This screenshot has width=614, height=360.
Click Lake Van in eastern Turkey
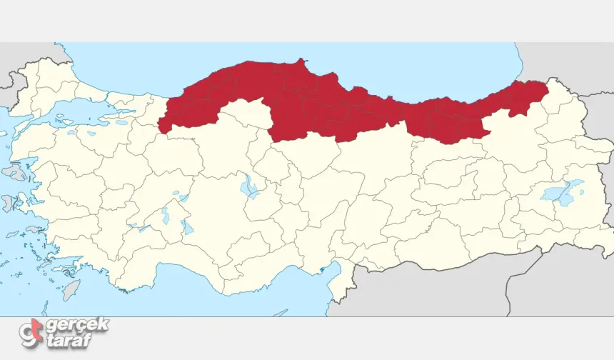tap(560, 192)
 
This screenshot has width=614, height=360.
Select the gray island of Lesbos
tap(14, 172)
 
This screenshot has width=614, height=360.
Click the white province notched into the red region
tap(246, 114)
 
